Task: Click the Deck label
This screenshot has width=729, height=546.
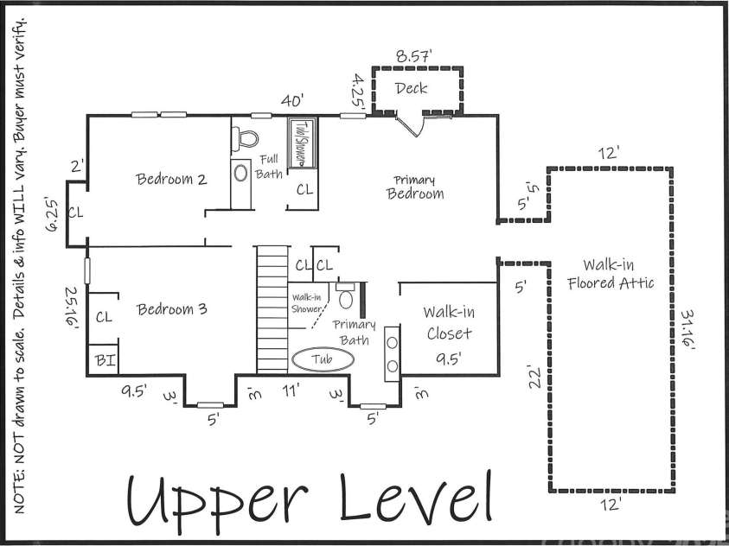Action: [x=411, y=88]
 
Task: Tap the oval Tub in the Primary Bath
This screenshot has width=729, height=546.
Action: [x=323, y=359]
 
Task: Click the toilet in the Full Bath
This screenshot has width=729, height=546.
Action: [x=245, y=138]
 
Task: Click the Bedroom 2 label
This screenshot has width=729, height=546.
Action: [x=171, y=179]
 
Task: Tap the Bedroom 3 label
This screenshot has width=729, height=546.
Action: [x=171, y=309]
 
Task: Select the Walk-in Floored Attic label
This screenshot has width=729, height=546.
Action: [x=611, y=274]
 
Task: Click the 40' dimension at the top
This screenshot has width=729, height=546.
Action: [x=292, y=100]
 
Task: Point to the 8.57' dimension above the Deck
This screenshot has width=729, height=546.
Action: [x=413, y=56]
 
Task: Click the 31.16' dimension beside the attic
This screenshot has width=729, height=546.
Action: [x=687, y=330]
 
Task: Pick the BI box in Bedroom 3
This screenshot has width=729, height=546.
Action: [x=103, y=359]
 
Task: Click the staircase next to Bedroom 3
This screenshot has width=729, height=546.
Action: [x=272, y=308]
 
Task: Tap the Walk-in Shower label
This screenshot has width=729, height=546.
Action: [x=306, y=303]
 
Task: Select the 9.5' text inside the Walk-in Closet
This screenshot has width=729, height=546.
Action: [x=449, y=359]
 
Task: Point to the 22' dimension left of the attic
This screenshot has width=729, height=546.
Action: [x=534, y=377]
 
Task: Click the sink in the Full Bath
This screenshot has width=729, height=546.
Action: [x=240, y=173]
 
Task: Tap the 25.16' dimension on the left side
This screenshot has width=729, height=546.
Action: [x=71, y=307]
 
